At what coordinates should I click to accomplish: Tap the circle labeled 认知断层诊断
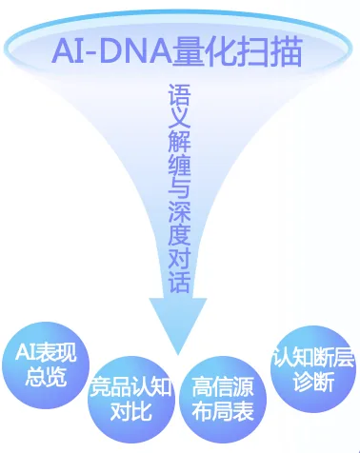click(310, 370)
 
